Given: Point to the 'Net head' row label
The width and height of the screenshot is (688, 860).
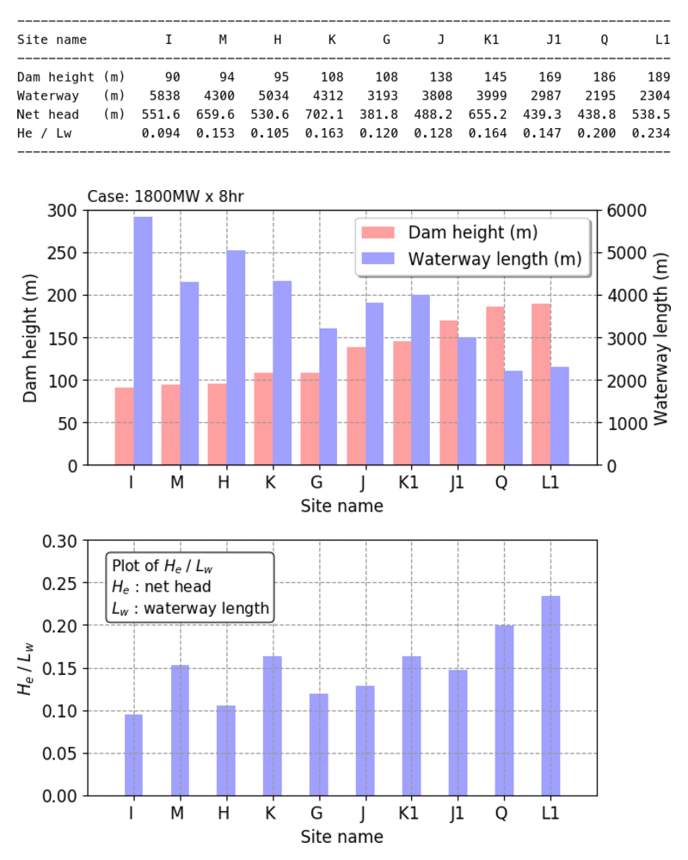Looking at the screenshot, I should pos(48,114).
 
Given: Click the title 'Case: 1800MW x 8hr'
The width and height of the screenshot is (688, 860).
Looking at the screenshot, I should pos(165,196).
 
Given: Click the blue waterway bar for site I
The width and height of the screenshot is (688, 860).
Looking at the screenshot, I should pos(143,341).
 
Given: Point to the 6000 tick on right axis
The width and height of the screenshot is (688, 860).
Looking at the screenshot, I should pos(622,211).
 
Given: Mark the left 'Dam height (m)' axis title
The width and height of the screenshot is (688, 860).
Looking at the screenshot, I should pos(30,338).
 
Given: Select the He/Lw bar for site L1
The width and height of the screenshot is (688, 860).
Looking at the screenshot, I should pos(550,696).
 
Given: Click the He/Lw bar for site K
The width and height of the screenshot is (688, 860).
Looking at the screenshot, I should pos(273,726).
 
